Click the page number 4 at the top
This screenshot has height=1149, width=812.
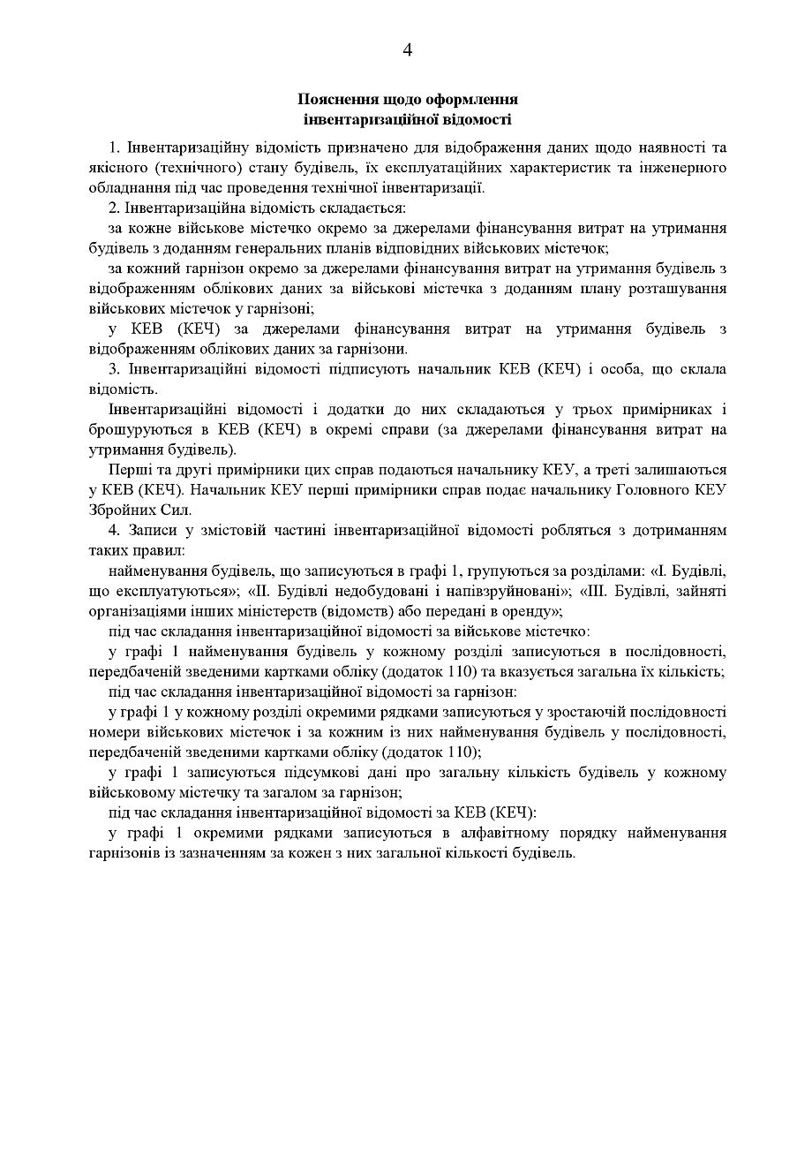click(x=407, y=50)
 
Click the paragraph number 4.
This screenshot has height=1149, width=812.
click(x=113, y=530)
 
